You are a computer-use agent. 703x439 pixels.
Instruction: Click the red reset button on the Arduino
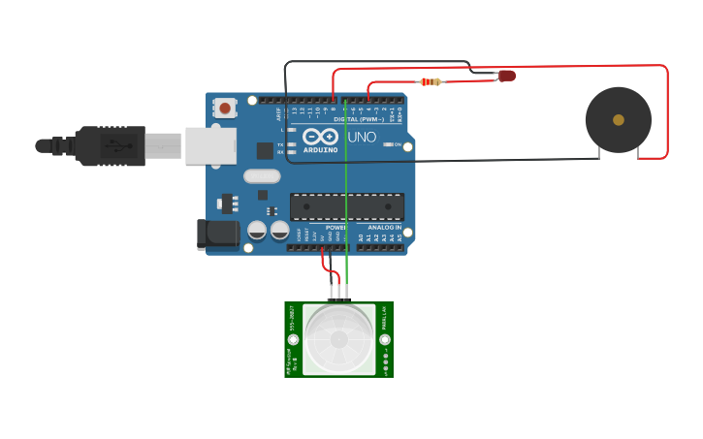coord(225,109)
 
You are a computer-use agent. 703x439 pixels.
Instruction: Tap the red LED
coord(507,76)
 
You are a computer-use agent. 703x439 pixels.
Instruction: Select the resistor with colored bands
coord(431,81)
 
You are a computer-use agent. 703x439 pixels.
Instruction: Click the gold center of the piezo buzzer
coord(619,120)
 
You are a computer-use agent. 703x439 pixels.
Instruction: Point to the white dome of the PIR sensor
coord(338,339)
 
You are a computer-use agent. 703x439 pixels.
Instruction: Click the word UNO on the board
coord(362,137)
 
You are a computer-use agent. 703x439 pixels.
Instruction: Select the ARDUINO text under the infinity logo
coord(320,149)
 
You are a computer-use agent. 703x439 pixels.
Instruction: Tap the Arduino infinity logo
coord(320,136)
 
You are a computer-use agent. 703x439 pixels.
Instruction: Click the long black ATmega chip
coord(347,206)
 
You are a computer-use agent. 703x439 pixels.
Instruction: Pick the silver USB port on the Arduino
coord(210,145)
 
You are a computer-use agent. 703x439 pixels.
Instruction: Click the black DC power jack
coord(218,234)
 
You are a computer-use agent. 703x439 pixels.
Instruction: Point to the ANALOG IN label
coord(384,227)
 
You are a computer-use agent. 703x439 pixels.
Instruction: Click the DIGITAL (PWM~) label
coord(359,119)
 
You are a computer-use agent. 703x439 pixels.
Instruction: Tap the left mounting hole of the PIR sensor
coord(293,340)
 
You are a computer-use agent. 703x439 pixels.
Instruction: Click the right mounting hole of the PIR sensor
coord(385,340)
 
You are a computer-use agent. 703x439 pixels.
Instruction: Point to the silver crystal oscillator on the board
coord(261,176)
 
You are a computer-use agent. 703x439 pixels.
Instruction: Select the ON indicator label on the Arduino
coord(397,144)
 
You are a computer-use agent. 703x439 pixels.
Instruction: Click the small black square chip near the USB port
coord(265,150)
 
